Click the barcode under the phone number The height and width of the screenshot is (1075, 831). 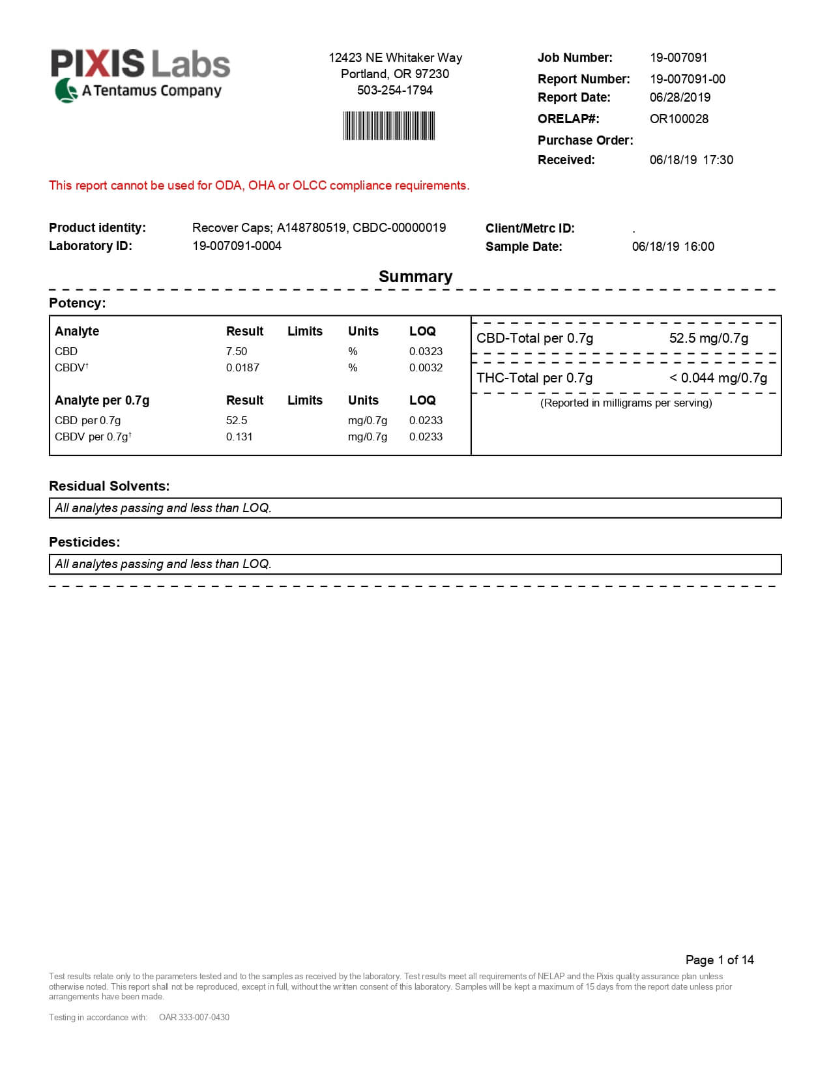[388, 126]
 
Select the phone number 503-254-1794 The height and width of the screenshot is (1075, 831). [394, 91]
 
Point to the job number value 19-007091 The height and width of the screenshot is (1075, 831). [678, 58]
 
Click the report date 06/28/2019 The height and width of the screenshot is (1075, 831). [680, 98]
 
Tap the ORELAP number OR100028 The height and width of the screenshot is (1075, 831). [678, 119]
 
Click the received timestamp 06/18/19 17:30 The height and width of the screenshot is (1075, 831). [691, 160]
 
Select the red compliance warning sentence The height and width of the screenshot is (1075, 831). [259, 186]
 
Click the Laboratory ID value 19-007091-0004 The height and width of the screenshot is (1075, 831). [237, 246]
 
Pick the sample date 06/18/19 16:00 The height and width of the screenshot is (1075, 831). [673, 247]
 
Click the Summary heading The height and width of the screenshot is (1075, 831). [415, 277]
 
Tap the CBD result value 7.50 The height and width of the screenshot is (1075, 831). [237, 352]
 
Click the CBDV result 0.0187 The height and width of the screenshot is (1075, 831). [242, 368]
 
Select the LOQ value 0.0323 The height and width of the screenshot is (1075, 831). [426, 352]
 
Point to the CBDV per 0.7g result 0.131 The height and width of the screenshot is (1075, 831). [239, 437]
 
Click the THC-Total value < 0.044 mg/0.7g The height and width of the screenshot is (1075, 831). [718, 379]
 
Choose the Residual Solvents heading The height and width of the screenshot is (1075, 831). [109, 487]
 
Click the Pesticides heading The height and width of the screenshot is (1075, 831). [84, 543]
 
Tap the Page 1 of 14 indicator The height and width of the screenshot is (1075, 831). [720, 960]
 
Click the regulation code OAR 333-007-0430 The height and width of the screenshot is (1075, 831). [194, 1018]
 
